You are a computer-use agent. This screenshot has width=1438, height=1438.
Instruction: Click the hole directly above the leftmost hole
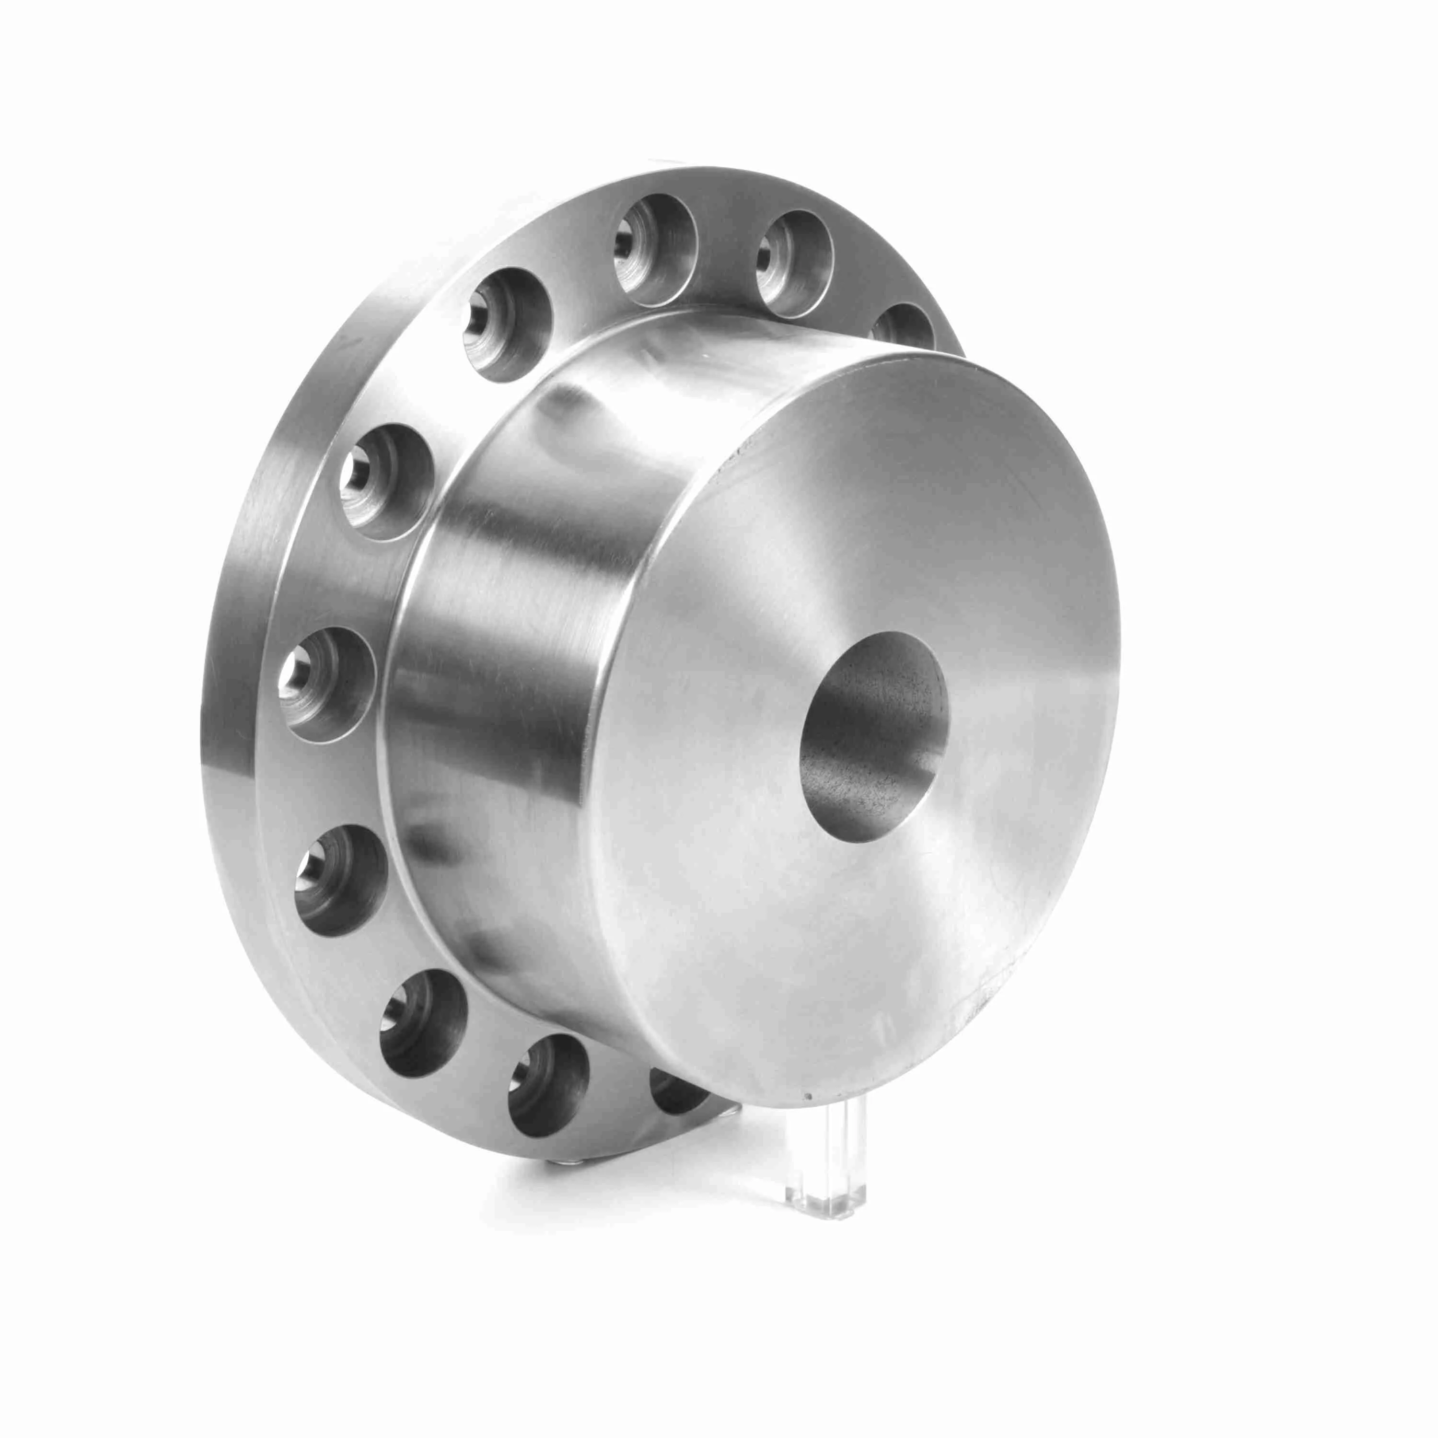385,481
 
